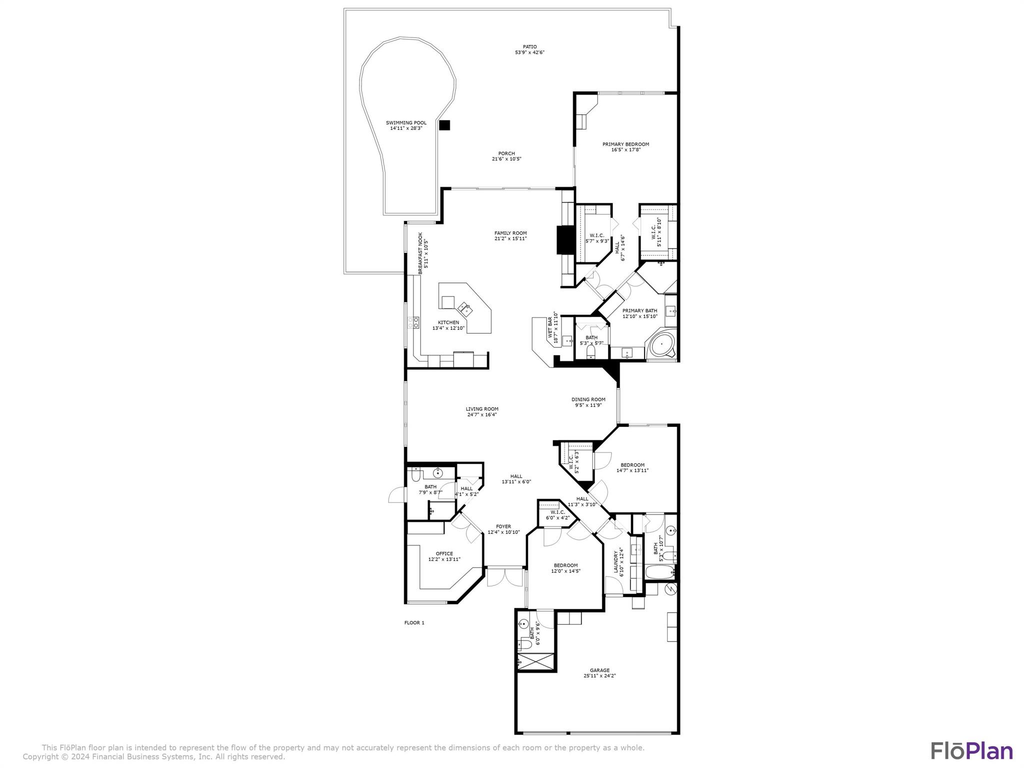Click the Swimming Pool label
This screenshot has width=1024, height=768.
(x=406, y=122)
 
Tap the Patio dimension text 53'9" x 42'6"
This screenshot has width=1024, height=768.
(x=529, y=52)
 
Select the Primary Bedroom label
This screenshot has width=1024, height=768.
(x=625, y=144)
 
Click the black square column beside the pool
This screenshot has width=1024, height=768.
(x=444, y=125)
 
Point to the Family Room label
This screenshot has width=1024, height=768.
(x=510, y=233)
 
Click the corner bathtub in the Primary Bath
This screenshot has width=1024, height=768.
(x=661, y=344)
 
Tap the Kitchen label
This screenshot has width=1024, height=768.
(x=448, y=322)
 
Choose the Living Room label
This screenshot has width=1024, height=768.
(x=482, y=409)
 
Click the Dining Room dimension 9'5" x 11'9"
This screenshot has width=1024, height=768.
(x=588, y=405)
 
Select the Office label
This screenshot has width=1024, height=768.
(x=444, y=553)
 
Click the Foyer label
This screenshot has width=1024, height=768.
(x=503, y=526)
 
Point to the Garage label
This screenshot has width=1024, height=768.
(x=599, y=670)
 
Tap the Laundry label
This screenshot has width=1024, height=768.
(x=616, y=561)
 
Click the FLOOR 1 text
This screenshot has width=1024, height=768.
(x=414, y=622)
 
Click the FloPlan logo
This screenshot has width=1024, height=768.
(x=971, y=751)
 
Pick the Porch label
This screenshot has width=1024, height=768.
(x=506, y=153)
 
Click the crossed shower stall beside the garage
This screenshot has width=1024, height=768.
(x=536, y=661)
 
